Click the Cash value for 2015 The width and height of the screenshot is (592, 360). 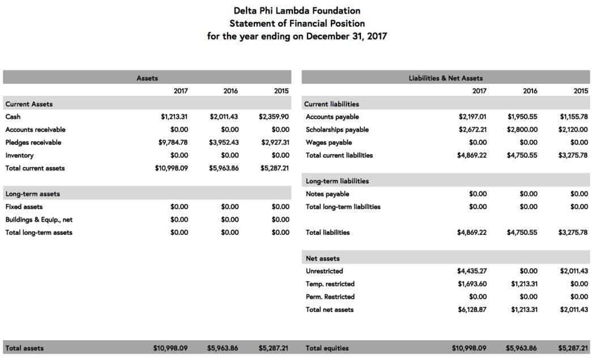pyautogui.click(x=274, y=117)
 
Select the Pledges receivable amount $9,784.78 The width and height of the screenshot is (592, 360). pyautogui.click(x=173, y=142)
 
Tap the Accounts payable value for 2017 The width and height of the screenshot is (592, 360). pyautogui.click(x=472, y=117)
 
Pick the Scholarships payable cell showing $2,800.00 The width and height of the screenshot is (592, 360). pyautogui.click(x=522, y=129)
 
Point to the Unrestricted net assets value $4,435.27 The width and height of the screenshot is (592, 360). pyautogui.click(x=472, y=271)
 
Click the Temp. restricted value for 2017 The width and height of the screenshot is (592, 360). pyautogui.click(x=472, y=284)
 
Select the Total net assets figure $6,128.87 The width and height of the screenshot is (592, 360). pyautogui.click(x=472, y=309)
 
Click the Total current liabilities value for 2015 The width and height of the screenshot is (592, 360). pyautogui.click(x=573, y=155)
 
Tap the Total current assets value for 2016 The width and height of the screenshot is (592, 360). pyautogui.click(x=223, y=168)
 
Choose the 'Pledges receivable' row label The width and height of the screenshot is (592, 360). pyautogui.click(x=33, y=142)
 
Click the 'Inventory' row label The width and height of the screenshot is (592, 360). pyautogui.click(x=19, y=155)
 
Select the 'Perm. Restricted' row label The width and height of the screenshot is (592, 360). pyautogui.click(x=330, y=297)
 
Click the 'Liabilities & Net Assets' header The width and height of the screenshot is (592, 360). pyautogui.click(x=446, y=78)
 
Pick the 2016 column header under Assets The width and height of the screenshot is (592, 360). pyautogui.click(x=231, y=91)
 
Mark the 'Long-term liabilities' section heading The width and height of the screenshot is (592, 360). pyautogui.click(x=337, y=181)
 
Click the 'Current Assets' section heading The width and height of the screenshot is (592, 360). pyautogui.click(x=29, y=104)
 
